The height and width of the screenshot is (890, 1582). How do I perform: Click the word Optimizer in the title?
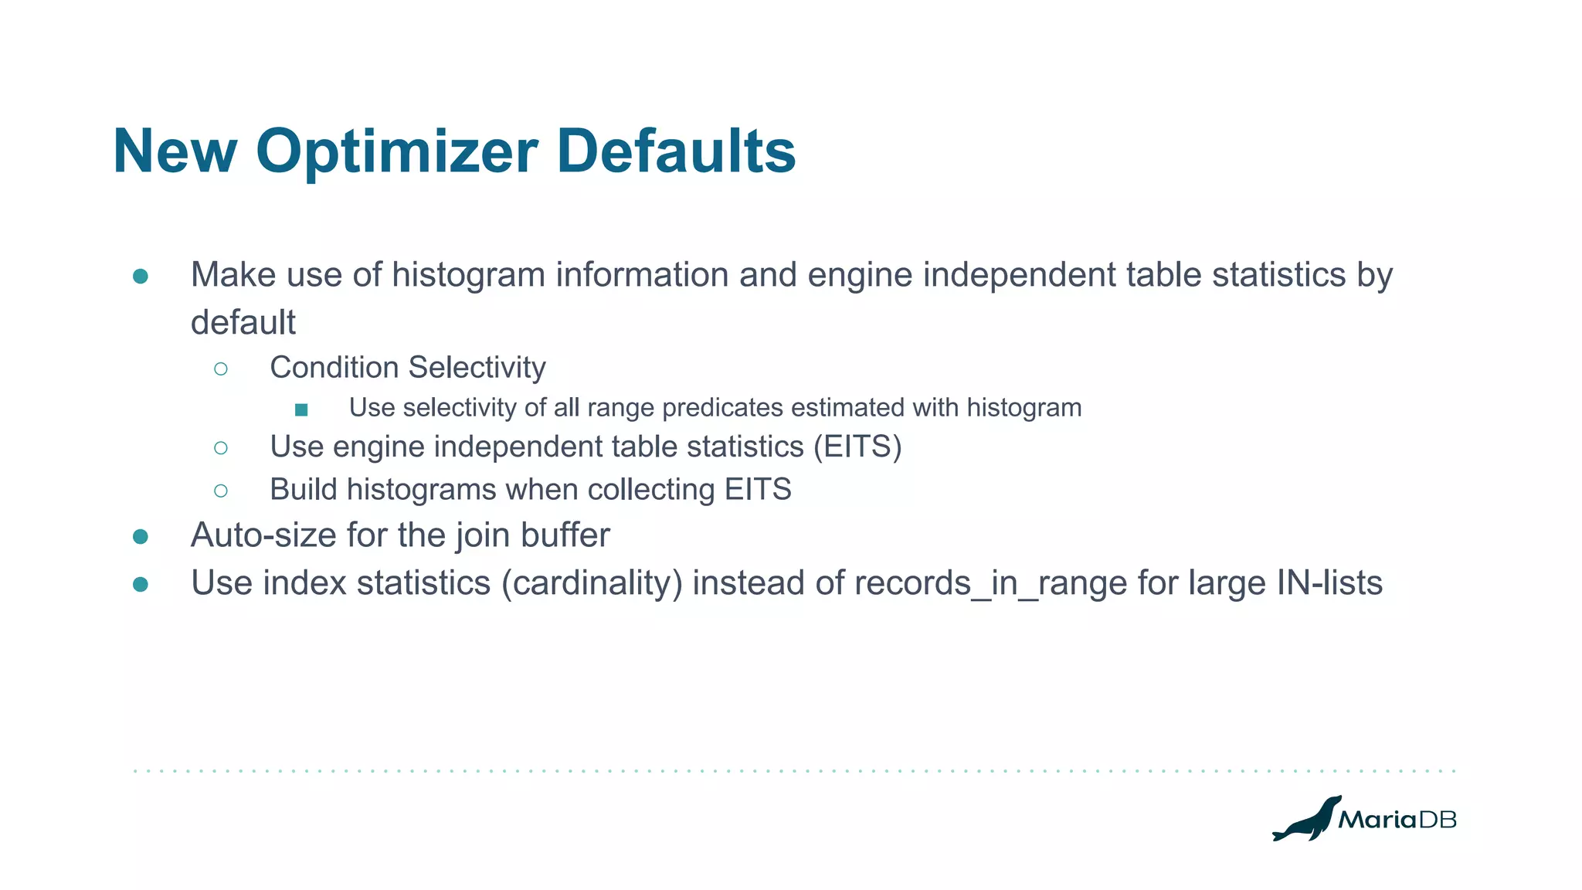(396, 152)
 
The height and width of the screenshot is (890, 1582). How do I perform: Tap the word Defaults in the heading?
(676, 151)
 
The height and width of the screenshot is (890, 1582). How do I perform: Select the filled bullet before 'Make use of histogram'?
(141, 277)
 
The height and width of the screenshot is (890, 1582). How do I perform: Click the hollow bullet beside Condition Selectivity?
(221, 369)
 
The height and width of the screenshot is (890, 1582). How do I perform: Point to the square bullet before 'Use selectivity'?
(301, 409)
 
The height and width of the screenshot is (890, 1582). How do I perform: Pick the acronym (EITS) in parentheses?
(857, 447)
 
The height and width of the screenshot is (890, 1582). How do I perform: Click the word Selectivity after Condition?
(477, 368)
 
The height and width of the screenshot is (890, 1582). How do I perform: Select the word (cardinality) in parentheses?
(592, 583)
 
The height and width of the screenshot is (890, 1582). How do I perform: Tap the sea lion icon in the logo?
(1305, 820)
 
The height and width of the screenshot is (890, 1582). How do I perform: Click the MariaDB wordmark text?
(1397, 820)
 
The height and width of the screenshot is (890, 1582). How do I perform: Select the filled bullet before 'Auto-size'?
(141, 537)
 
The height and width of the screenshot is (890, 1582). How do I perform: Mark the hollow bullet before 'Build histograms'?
(221, 491)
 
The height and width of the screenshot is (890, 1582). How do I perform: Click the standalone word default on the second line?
(243, 323)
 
